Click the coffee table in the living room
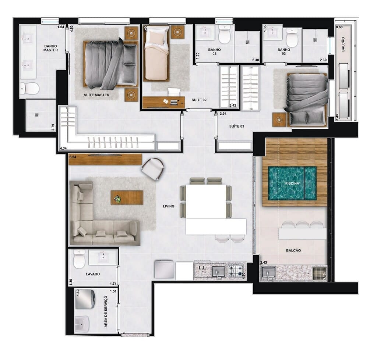click(x=127, y=197)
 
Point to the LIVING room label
click(x=169, y=206)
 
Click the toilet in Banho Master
click(x=29, y=88)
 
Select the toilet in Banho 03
click(x=292, y=38)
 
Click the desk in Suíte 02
click(x=163, y=102)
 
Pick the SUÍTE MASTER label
click(x=97, y=95)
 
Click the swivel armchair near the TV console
click(x=152, y=168)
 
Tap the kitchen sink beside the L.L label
click(x=218, y=272)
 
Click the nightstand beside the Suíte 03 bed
click(x=279, y=120)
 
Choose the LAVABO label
click(x=93, y=274)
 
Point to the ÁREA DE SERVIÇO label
click(x=106, y=311)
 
